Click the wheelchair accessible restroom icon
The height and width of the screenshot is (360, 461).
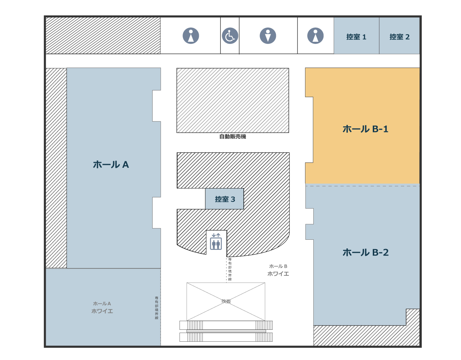(230, 36)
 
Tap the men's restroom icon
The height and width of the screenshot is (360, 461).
(268, 36)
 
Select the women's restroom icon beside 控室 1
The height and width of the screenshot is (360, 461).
(315, 36)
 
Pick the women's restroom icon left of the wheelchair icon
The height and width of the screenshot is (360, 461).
(191, 36)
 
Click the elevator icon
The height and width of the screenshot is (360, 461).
(216, 242)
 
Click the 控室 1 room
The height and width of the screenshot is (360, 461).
(356, 36)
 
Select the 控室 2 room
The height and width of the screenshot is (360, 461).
(399, 36)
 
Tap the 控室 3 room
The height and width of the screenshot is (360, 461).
(225, 199)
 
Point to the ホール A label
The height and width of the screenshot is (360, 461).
(111, 165)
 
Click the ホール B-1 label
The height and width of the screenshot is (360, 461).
(365, 129)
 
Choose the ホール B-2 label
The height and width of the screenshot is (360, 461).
(366, 252)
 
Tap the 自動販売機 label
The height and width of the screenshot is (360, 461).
(233, 137)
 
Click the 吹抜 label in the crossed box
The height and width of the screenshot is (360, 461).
(226, 301)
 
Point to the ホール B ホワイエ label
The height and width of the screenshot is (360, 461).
(278, 270)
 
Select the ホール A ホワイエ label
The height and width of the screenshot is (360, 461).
(102, 308)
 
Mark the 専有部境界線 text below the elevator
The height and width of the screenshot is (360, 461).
(230, 269)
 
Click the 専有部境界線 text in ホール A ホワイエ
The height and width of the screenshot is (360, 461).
(157, 308)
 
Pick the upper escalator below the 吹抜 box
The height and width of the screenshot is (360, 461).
(226, 325)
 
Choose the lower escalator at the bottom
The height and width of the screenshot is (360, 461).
(226, 337)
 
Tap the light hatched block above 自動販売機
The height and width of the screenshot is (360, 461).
(233, 100)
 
